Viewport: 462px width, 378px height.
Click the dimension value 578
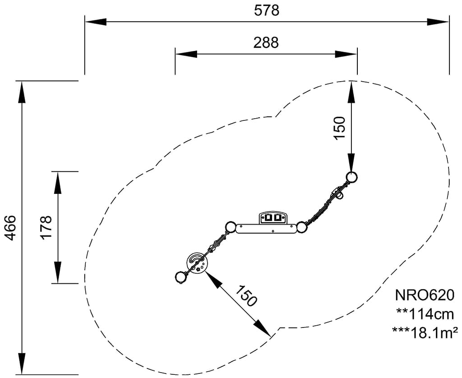[266, 10]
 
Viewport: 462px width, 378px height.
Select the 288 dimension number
[266, 42]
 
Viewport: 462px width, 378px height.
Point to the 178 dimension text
[46, 228]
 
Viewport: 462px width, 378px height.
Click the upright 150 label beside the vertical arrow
[339, 128]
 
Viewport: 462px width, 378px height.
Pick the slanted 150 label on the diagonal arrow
[247, 296]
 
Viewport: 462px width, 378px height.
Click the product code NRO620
[424, 295]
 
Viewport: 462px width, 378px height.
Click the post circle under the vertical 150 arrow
[352, 176]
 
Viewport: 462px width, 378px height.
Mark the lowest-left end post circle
[180, 277]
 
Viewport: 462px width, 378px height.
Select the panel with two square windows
[273, 218]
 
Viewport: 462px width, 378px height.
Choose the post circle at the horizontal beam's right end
[301, 227]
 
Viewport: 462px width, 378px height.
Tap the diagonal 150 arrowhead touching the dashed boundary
[263, 329]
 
